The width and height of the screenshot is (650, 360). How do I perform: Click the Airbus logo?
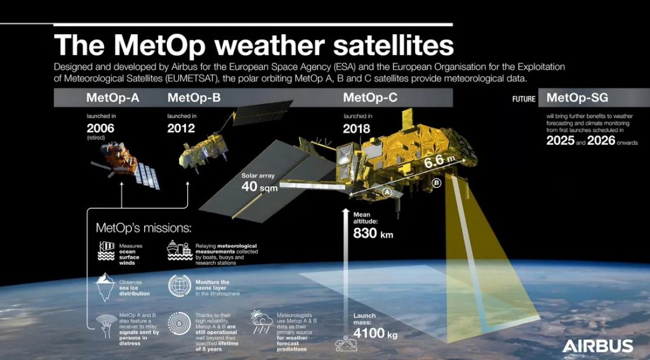pos(597,346)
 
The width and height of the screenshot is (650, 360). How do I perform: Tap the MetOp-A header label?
pos(113,98)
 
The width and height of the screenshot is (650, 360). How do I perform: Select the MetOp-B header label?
pos(194,98)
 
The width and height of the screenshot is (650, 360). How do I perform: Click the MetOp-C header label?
pos(370,98)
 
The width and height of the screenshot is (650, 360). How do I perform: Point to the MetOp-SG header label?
pos(577,98)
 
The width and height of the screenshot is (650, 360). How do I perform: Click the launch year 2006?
pos(100,128)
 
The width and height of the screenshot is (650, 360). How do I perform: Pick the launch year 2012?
pos(181,128)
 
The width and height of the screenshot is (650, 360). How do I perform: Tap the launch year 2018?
pos(357,128)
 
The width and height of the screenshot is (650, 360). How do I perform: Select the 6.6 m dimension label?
pos(439,161)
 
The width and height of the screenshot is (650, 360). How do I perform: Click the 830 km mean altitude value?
pos(373,234)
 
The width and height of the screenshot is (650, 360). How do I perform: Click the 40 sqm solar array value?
pos(260,187)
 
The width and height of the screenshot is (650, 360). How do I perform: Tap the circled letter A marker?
pos(387,192)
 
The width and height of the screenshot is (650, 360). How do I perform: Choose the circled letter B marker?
pos(436,182)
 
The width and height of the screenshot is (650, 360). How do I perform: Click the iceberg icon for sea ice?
pos(105,286)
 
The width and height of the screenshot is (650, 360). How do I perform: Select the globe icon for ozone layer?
pos(180,286)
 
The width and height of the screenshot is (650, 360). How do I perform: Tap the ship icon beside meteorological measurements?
pos(180,251)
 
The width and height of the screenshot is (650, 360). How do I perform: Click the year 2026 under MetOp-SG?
pos(601,140)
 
